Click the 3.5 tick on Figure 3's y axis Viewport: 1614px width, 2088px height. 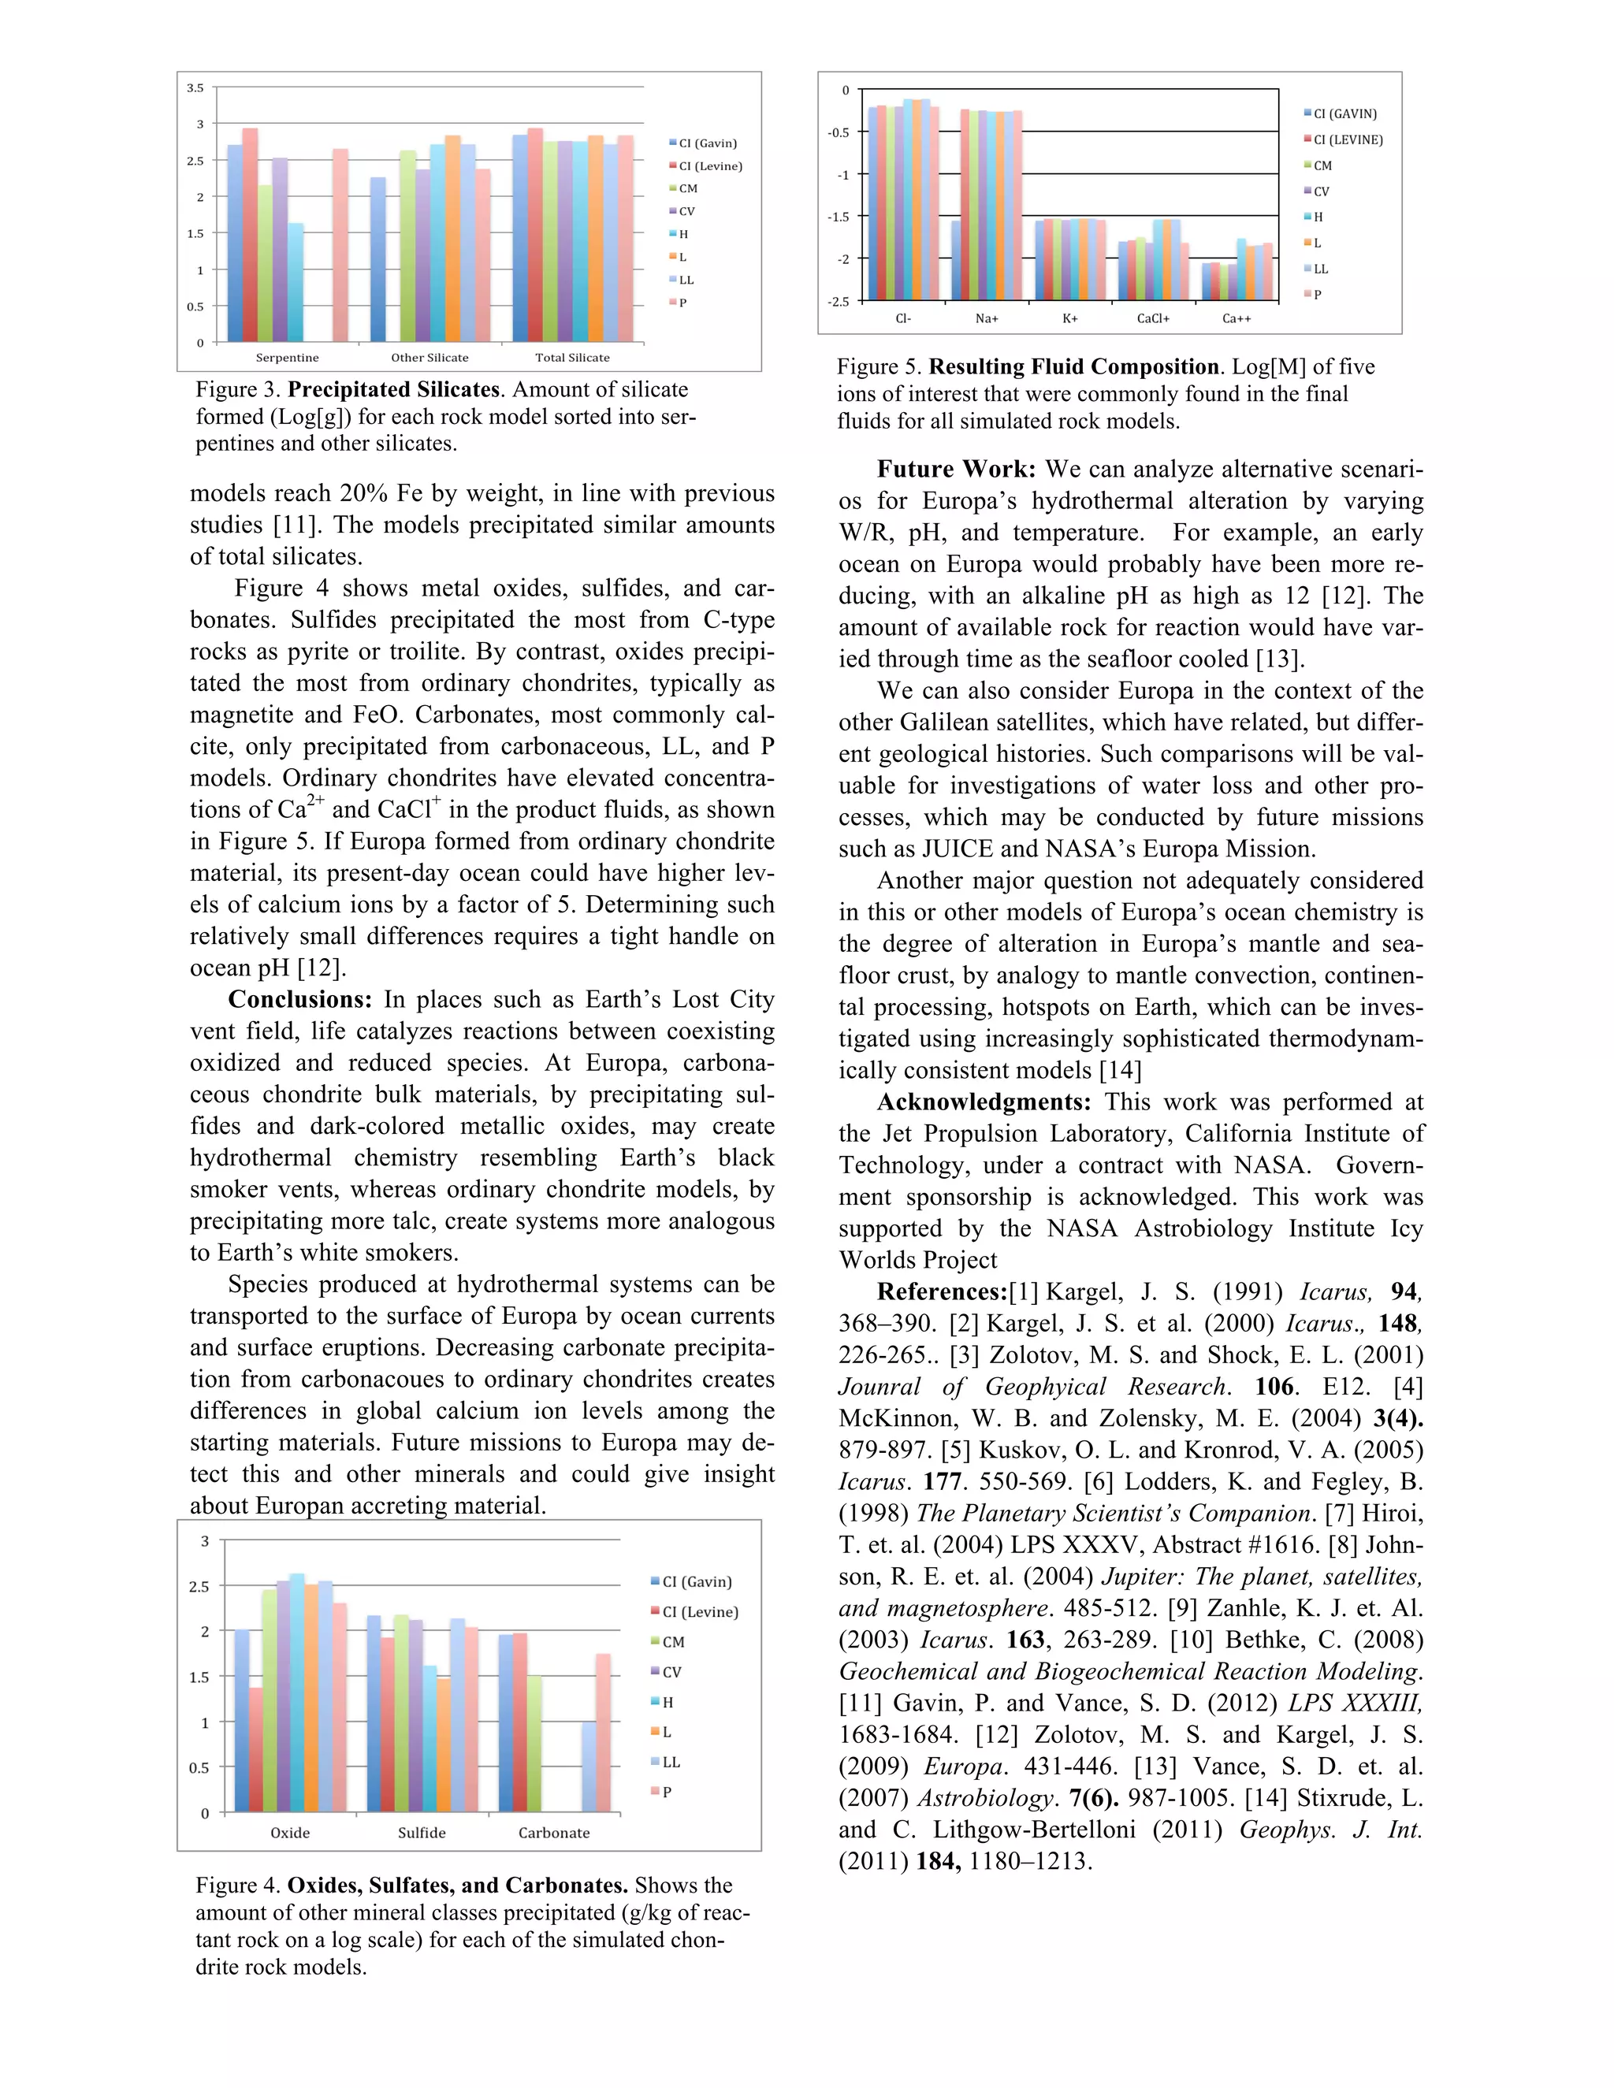tap(195, 88)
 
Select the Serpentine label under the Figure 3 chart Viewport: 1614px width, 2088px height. tap(287, 358)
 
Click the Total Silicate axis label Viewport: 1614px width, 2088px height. tap(572, 358)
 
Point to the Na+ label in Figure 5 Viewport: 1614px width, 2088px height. tap(987, 318)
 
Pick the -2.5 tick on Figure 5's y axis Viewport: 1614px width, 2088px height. tap(838, 301)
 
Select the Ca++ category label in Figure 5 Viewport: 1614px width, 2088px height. tap(1237, 318)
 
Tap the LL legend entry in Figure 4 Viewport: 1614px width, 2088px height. tap(671, 1762)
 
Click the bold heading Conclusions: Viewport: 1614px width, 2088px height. tap(299, 1000)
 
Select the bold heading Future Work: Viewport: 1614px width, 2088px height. tap(956, 470)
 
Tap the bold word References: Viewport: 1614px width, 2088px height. tap(942, 1292)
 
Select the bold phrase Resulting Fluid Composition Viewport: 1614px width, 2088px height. tap(1074, 367)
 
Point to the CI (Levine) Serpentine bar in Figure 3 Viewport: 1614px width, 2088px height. tap(250, 234)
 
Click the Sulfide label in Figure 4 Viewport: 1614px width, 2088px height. tap(422, 1833)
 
